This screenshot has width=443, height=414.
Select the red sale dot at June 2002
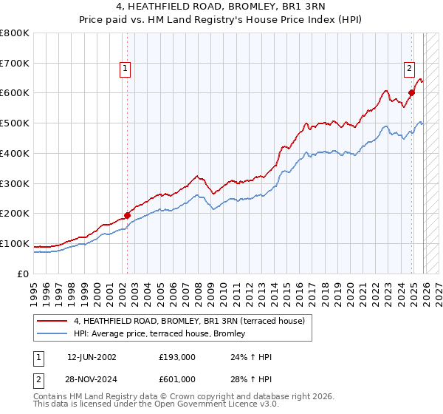point(127,215)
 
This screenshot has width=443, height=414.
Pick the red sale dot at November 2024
point(411,92)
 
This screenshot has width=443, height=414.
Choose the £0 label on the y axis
point(23,274)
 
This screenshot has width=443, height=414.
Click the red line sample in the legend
point(53,321)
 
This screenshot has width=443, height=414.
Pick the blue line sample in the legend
point(53,334)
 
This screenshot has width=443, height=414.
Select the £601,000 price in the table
point(176,379)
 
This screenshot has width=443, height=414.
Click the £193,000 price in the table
point(176,357)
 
